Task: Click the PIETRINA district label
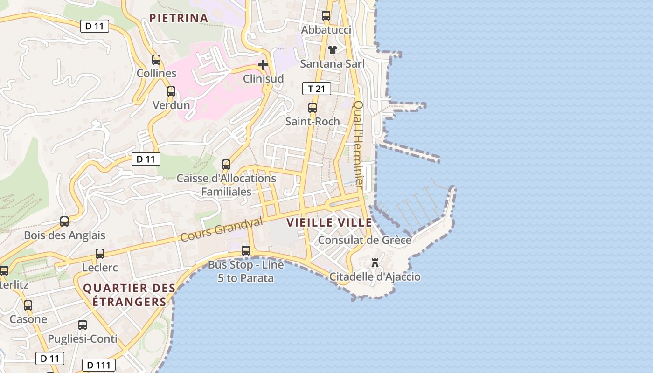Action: (179, 18)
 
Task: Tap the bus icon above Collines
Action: (156, 60)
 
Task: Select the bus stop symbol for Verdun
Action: (171, 91)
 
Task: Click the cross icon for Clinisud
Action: (263, 65)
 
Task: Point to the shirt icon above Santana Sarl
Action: (332, 50)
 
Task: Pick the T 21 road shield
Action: (317, 89)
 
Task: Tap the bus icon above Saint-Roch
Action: (313, 108)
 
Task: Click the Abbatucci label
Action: (326, 30)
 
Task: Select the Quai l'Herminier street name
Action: (358, 145)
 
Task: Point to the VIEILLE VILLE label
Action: (329, 223)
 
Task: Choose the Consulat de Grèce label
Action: (365, 240)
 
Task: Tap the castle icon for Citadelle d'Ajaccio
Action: (375, 263)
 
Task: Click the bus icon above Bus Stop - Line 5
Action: (246, 251)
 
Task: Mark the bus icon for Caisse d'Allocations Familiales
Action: (226, 165)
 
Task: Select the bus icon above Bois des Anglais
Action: (64, 221)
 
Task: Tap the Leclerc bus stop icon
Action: (100, 254)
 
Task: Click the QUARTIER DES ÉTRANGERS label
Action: (129, 295)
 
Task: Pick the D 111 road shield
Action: (98, 365)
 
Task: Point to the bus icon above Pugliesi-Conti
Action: (83, 325)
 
